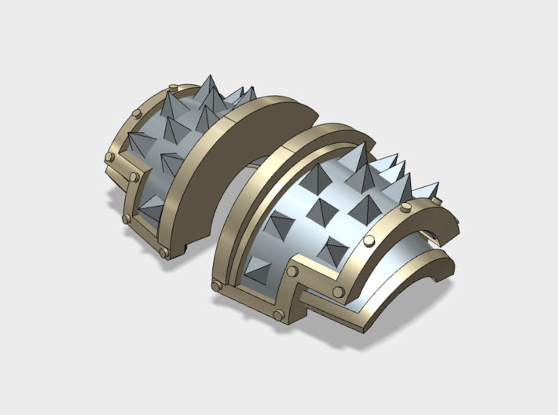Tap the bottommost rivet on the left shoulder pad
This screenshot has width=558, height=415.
click(x=163, y=253)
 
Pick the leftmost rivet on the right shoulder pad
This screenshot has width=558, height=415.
click(x=215, y=285)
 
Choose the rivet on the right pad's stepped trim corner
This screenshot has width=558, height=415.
click(x=292, y=271)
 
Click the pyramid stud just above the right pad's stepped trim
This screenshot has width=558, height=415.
click(x=332, y=251)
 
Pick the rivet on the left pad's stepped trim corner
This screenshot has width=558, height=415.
click(x=148, y=167)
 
